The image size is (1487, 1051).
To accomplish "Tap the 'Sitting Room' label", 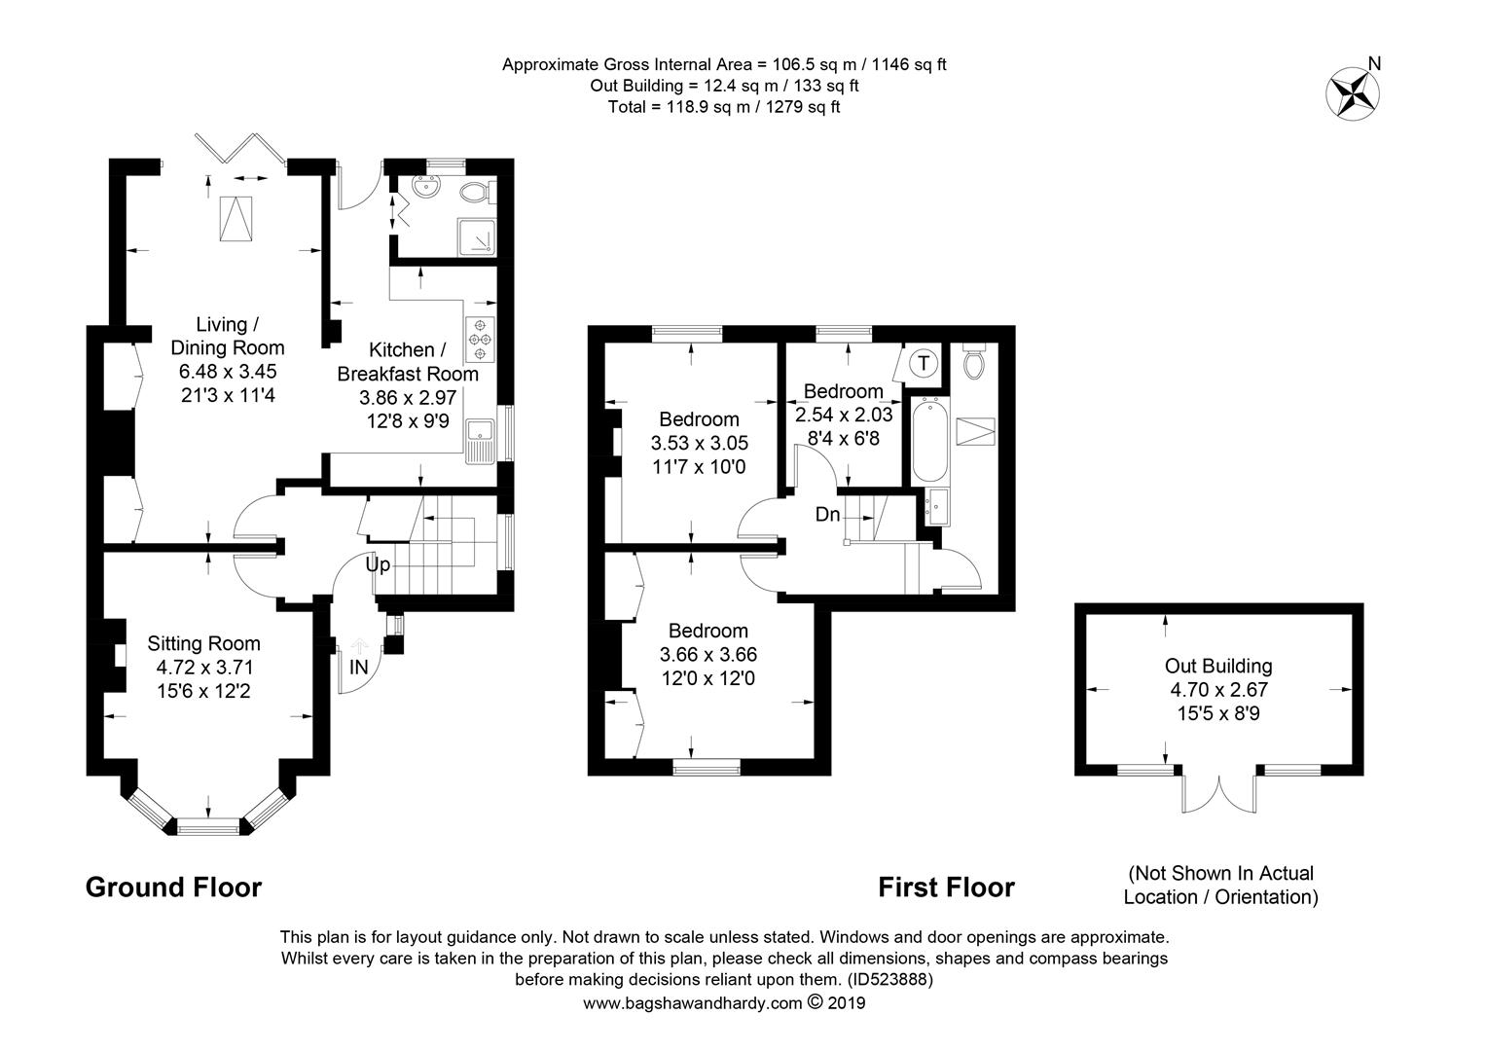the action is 203,643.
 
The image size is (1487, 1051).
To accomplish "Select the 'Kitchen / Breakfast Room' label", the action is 408,362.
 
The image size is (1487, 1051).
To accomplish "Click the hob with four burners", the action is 480,340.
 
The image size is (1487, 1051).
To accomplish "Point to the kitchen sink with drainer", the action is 480,441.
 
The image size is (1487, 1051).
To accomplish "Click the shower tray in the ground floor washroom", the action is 477,237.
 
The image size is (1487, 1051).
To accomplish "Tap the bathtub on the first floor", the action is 929,440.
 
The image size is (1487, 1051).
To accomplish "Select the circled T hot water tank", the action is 923,363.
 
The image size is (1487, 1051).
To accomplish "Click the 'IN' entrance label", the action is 358,667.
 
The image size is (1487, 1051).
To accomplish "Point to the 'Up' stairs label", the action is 378,565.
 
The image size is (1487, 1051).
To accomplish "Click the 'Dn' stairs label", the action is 828,515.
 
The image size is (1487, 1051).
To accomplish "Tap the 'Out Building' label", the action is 1218,666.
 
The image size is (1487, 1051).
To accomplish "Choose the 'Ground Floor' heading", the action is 174,887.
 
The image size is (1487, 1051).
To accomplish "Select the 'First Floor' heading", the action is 946,887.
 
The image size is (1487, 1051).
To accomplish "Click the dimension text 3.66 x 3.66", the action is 708,655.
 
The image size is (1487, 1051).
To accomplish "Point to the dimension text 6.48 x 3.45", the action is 228,371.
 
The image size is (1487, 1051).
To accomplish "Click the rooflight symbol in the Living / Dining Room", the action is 236,219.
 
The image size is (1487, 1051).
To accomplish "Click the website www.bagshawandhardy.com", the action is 692,1003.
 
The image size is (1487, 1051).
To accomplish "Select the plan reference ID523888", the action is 890,979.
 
